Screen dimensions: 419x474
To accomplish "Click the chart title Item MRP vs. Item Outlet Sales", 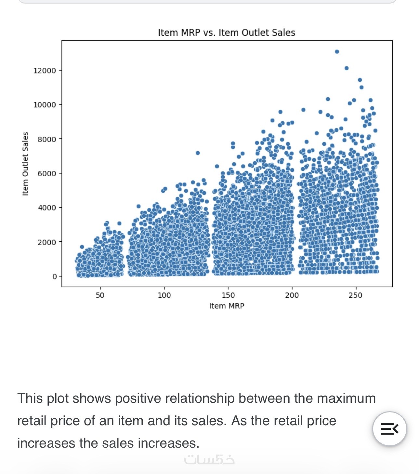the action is pyautogui.click(x=227, y=33).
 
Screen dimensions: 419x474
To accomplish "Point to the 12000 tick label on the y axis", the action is pyautogui.click(x=45, y=71).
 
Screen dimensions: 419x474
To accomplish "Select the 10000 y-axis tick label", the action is pyautogui.click(x=45, y=105).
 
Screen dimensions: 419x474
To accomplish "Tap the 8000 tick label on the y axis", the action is pyautogui.click(x=47, y=140).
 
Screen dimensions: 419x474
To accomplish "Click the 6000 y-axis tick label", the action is pyautogui.click(x=47, y=174).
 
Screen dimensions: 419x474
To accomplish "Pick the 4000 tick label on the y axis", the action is pyautogui.click(x=47, y=208).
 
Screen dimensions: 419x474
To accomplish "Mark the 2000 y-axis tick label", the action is pyautogui.click(x=47, y=242).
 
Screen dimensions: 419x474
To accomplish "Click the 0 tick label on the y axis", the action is pyautogui.click(x=55, y=277).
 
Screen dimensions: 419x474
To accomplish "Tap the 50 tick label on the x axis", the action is pyautogui.click(x=100, y=295).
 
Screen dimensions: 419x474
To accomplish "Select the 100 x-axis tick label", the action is pyautogui.click(x=164, y=295).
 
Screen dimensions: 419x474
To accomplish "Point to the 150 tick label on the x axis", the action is pyautogui.click(x=228, y=295).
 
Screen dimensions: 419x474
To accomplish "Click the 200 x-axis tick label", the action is pyautogui.click(x=292, y=295).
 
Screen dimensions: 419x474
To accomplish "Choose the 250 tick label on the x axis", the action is pyautogui.click(x=356, y=295).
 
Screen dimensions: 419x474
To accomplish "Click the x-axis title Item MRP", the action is pyautogui.click(x=227, y=306).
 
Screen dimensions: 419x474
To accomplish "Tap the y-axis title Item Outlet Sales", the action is pyautogui.click(x=25, y=164).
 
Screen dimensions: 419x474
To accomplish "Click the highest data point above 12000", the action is pyautogui.click(x=337, y=52).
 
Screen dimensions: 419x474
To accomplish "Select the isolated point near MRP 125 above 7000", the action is pyautogui.click(x=198, y=153).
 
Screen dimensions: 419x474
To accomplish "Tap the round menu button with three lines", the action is pyautogui.click(x=389, y=429).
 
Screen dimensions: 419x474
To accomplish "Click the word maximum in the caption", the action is pyautogui.click(x=347, y=399).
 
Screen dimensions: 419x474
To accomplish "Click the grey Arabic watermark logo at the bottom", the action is pyautogui.click(x=209, y=460).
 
